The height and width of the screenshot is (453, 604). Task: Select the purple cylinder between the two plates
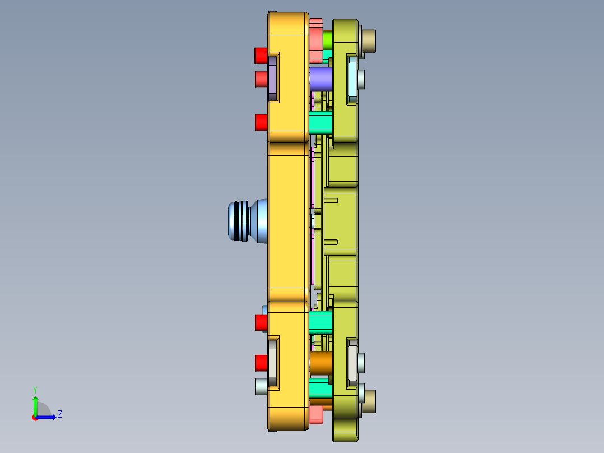click(320, 79)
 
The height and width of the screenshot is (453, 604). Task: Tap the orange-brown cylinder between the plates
click(321, 363)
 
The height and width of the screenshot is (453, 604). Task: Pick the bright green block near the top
click(328, 40)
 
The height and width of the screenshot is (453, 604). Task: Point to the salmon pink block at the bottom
click(316, 414)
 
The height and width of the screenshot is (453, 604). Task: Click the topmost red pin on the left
click(261, 56)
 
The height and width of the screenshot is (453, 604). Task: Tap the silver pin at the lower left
click(261, 386)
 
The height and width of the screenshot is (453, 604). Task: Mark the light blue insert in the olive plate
click(352, 79)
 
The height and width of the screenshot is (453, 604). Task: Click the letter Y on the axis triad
click(35, 389)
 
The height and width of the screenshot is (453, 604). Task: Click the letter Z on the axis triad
click(59, 414)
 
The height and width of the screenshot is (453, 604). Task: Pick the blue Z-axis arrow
click(48, 417)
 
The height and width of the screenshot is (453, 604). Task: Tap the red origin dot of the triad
click(35, 418)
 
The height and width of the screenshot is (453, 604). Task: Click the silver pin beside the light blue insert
click(361, 78)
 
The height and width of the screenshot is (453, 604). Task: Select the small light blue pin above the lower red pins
click(264, 309)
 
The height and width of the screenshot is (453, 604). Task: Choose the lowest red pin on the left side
click(261, 363)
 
